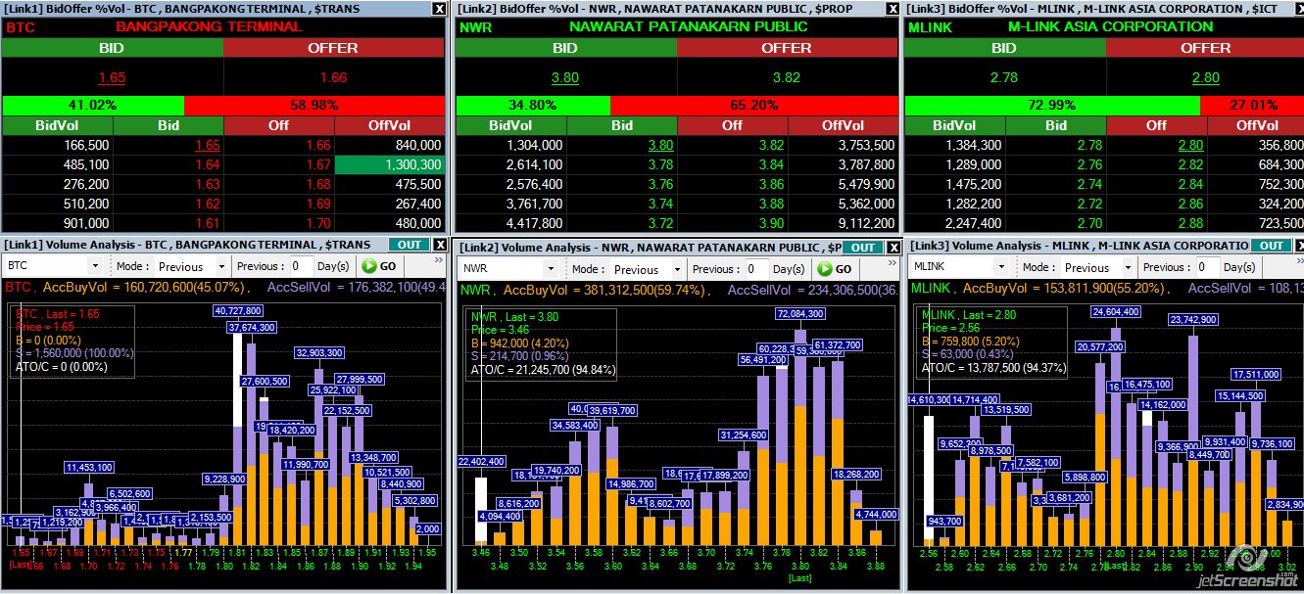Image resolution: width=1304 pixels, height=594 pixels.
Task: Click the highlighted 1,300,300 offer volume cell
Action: [390, 164]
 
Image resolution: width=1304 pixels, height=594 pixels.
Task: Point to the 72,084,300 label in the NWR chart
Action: [799, 314]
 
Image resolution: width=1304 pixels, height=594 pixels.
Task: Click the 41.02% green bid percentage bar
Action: [93, 105]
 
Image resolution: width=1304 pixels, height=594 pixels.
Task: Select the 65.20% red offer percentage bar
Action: [753, 105]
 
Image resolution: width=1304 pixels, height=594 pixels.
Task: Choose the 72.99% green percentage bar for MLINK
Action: [1051, 105]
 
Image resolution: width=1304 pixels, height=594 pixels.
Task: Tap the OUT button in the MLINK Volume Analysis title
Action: [1271, 246]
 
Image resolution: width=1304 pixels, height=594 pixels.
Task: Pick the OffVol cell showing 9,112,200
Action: [845, 223]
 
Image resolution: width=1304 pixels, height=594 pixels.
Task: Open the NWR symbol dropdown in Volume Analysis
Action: [509, 269]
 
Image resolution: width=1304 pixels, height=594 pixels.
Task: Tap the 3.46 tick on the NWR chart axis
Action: [480, 553]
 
